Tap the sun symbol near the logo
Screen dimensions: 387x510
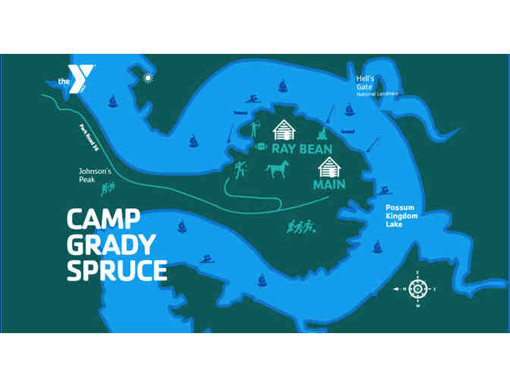click(x=147, y=77)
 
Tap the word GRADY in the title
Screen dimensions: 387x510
click(x=110, y=245)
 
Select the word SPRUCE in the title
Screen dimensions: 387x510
click(x=116, y=269)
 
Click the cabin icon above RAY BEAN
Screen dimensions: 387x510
click(x=284, y=129)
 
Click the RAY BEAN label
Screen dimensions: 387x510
click(x=301, y=149)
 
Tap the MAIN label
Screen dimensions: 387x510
click(x=329, y=184)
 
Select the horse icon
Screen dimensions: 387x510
click(x=277, y=168)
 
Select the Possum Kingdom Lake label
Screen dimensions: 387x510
click(x=398, y=216)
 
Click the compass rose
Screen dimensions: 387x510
click(x=416, y=289)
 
